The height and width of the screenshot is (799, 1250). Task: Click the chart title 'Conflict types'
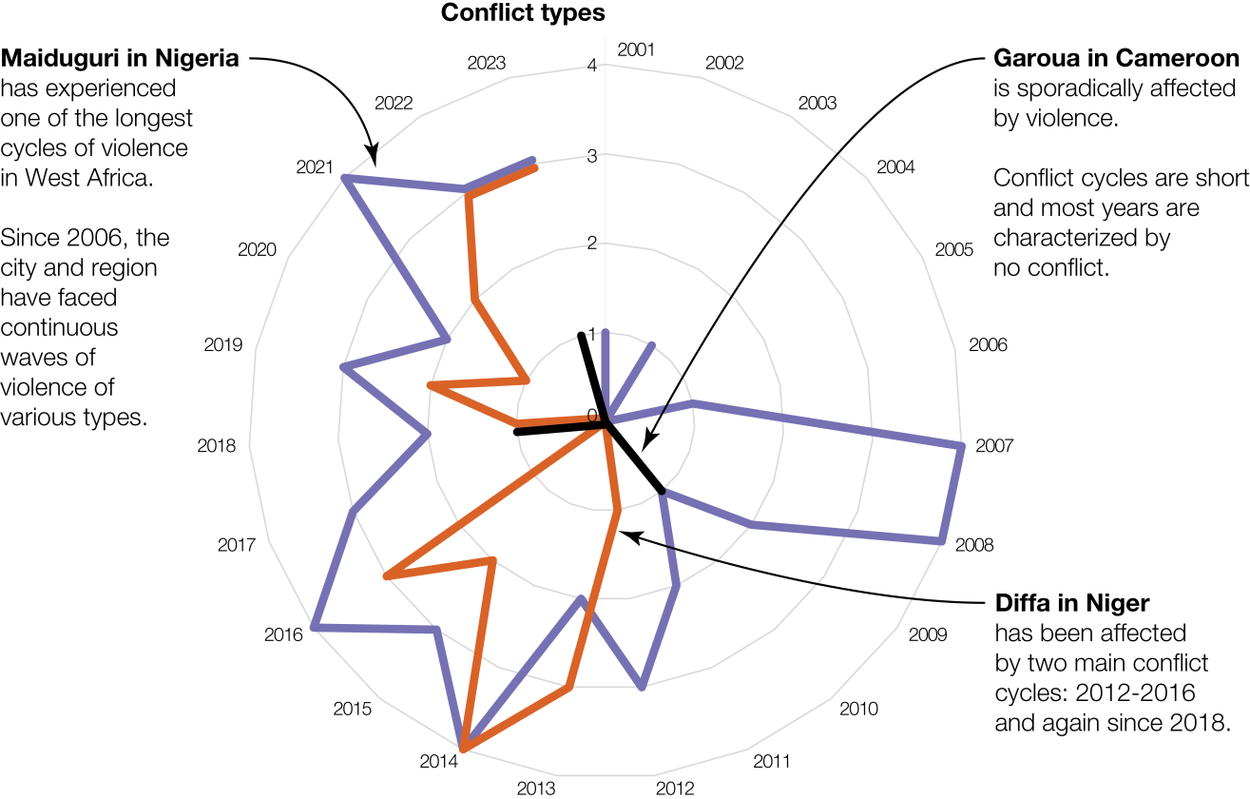coord(523,14)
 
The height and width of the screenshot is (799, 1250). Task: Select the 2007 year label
coord(995,445)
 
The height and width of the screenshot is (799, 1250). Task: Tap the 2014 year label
coord(438,761)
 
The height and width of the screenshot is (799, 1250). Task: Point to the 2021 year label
coord(315,167)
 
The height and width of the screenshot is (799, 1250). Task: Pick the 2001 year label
coord(636,49)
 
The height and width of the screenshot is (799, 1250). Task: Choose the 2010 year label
coord(858,709)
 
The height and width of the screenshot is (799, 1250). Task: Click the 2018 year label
coord(216,445)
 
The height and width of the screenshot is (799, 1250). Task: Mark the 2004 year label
coord(895,167)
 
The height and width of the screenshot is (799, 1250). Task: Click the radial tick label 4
coord(592,67)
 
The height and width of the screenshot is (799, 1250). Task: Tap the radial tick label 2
coord(592,244)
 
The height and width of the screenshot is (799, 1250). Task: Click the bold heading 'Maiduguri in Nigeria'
coord(119,59)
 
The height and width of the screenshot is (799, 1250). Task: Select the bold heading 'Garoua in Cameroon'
coord(1116,59)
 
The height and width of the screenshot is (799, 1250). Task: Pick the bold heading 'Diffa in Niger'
coord(1072,603)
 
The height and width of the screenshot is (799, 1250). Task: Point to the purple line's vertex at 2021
coord(345,178)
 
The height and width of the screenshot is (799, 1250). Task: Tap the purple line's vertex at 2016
coord(313,627)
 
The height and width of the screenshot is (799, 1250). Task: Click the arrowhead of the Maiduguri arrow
coord(373,158)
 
